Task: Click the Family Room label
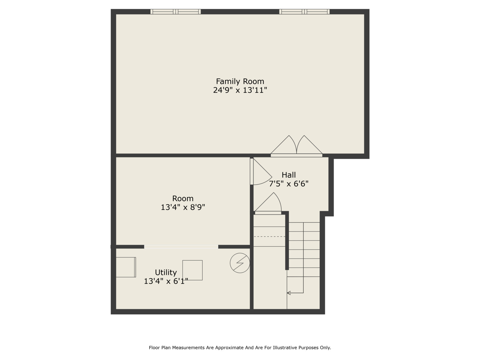click(240, 82)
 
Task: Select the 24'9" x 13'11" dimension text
click(240, 90)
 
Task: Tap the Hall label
click(288, 175)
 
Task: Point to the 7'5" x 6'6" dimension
click(288, 184)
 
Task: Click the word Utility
click(166, 273)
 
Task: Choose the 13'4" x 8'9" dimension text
click(183, 207)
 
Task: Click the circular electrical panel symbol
click(240, 263)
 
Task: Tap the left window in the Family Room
click(175, 12)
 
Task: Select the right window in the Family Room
click(304, 12)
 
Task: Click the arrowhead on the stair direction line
click(289, 293)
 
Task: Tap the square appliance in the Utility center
click(192, 270)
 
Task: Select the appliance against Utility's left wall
click(126, 267)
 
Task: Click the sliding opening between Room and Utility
click(181, 247)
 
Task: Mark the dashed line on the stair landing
click(269, 237)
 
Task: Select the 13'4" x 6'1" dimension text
click(166, 281)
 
